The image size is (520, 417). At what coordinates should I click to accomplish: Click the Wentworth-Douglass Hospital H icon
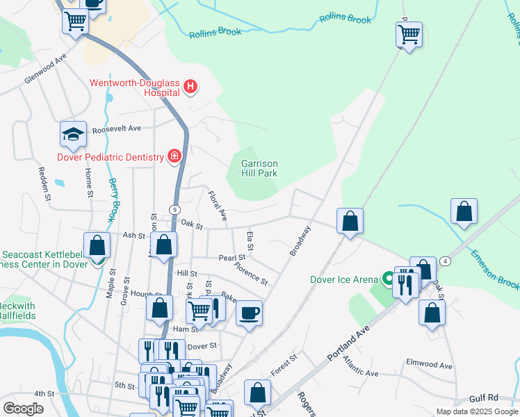(x=190, y=87)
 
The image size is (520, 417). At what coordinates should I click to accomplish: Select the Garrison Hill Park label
(x=259, y=168)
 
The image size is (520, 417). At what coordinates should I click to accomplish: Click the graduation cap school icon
(x=73, y=134)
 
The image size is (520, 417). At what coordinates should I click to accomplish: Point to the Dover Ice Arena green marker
(x=389, y=280)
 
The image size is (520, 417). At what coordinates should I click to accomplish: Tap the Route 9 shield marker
(x=173, y=209)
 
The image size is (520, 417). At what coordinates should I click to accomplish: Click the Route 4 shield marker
(x=444, y=261)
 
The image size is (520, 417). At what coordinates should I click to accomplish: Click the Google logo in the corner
(x=23, y=409)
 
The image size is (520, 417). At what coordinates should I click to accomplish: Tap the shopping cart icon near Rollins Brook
(x=409, y=33)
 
